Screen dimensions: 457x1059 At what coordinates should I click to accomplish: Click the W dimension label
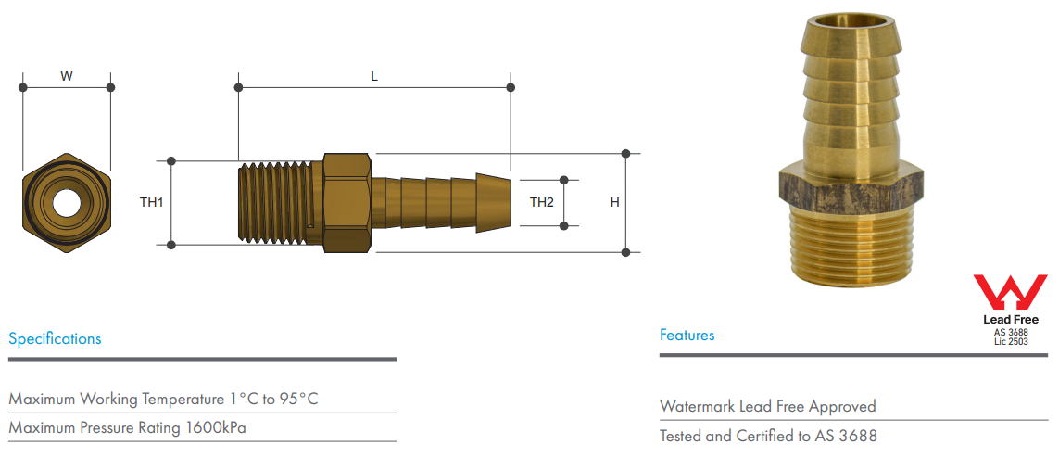point(67,77)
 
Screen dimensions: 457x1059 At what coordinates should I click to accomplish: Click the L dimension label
point(374,77)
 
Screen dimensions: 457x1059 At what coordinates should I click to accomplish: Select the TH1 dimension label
point(151,202)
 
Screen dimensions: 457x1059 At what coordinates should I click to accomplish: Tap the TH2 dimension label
point(542,202)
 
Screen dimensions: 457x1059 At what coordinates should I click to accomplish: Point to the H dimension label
point(614,202)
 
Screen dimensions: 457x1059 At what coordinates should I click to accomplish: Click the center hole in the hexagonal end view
point(67,202)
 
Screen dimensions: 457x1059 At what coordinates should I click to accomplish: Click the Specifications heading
point(55,338)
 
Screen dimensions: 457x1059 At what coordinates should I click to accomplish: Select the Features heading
point(687,335)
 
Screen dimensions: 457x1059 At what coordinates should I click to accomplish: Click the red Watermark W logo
point(1009,292)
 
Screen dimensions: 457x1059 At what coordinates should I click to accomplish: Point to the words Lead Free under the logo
point(1011,320)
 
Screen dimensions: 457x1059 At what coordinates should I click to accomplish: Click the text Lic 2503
point(1011,342)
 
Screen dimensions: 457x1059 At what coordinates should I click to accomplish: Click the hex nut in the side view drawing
point(347,202)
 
